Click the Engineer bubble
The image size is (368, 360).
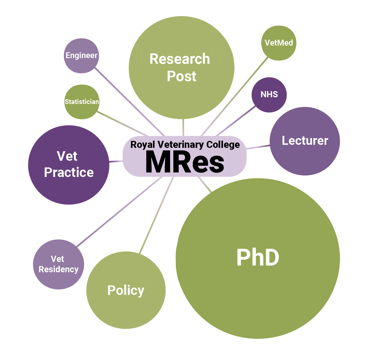tap(81, 56)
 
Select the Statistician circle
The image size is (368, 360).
tap(82, 102)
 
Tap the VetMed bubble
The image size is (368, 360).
tap(279, 43)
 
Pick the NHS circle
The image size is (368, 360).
tap(269, 95)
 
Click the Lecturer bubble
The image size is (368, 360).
tap(305, 141)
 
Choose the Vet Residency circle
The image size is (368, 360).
tap(58, 264)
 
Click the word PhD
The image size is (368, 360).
tap(258, 258)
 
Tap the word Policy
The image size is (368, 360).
tap(126, 290)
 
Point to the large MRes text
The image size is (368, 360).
tap(185, 162)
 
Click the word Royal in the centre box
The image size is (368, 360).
tap(143, 145)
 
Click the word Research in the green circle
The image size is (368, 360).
tap(180, 59)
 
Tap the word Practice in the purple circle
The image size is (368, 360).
tap(69, 172)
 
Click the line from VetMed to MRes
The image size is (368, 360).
tap(235, 95)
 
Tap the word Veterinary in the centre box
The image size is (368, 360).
tap(180, 145)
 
